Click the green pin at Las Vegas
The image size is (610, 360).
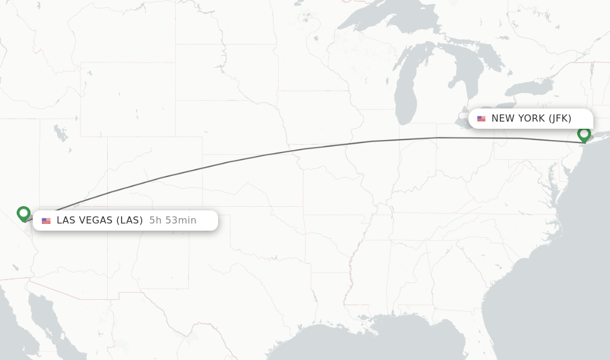24,213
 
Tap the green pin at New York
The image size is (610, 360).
584,134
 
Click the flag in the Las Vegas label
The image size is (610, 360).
46,221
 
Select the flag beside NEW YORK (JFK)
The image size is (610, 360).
481,119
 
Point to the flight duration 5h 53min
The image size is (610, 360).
173,221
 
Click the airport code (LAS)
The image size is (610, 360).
129,221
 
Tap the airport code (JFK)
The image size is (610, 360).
560,119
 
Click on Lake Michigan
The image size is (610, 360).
406,89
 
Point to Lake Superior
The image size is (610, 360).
381,18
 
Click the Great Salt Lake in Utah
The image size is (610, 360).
60,132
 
